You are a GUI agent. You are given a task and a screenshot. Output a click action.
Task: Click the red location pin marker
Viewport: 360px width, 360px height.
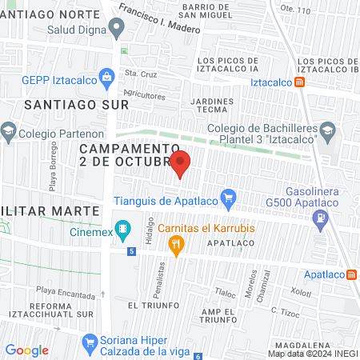[180, 162]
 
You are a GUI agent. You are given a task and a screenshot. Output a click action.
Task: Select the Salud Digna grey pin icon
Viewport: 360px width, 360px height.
[117, 30]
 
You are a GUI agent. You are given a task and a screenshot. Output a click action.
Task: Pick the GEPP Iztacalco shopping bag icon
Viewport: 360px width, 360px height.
[106, 78]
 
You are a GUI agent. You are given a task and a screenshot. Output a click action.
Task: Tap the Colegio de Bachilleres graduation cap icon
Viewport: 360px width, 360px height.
[327, 130]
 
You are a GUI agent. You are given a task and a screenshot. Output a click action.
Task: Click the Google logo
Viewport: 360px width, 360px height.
[26, 350]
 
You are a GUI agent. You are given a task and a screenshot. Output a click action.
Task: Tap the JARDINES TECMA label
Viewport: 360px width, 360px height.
[212, 106]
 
